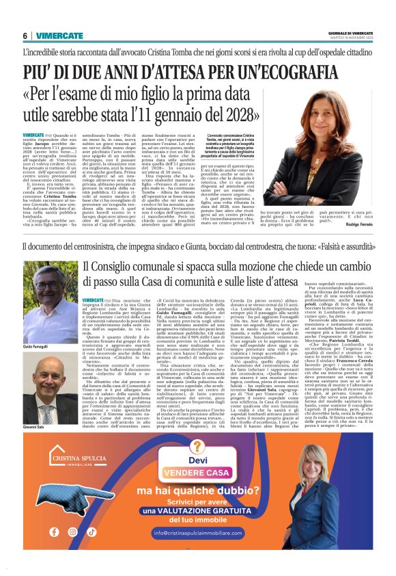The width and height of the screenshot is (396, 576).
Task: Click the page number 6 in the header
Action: click(25, 36)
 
